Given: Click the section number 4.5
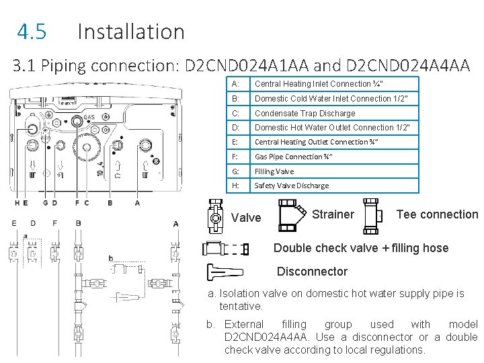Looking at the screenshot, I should click(32, 32).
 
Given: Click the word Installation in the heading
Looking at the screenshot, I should click(131, 32).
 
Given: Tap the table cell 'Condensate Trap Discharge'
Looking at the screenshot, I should click(305, 113).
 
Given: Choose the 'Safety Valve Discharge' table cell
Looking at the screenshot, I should click(292, 186).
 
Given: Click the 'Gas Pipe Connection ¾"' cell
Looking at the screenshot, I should click(293, 157).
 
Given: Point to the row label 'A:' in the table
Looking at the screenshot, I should click(235, 84).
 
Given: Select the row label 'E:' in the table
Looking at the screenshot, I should click(235, 142).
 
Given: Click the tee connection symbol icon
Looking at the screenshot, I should click(372, 215).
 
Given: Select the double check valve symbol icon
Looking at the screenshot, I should click(225, 249).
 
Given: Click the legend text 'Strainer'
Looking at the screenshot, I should click(333, 214).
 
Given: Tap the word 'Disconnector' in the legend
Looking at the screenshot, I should click(313, 272).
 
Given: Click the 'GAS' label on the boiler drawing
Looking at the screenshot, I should click(89, 118).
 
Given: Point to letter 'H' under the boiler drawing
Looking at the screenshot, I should click(17, 202).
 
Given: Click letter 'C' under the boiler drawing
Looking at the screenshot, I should click(86, 202).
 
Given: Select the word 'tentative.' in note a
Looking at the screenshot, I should click(241, 307).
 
